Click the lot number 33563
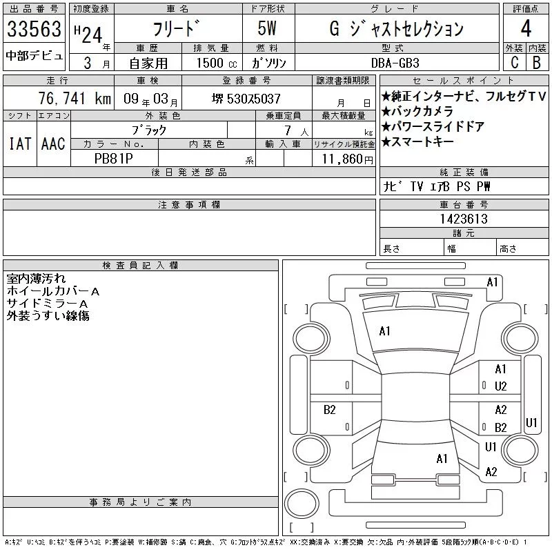34,29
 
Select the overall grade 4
526,28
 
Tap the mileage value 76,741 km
75,98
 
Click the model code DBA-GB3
395,63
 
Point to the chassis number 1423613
464,219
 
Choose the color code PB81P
114,159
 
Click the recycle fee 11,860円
348,159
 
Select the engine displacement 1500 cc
217,63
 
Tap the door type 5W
267,28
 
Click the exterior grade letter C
515,62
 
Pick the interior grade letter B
537,62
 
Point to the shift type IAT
20,144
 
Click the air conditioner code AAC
53,144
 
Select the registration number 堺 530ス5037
246,99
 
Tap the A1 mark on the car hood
384,331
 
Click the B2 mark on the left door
330,410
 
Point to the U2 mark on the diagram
501,386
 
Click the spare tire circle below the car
302,503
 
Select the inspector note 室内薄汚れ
37,279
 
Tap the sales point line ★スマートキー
417,141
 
